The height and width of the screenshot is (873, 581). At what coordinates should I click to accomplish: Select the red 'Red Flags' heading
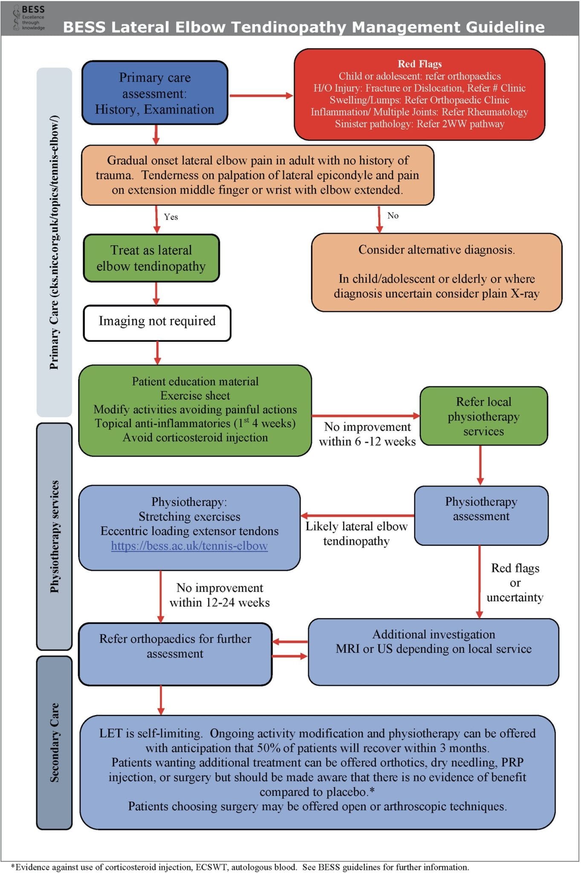pos(419,64)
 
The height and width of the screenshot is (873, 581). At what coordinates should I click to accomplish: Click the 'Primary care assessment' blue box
pos(155,93)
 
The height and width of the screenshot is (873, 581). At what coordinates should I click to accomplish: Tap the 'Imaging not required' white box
pos(157,322)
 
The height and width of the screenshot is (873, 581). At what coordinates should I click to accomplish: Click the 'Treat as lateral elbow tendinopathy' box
pos(151,258)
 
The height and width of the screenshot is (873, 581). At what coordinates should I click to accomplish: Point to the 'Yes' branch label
pos(171,217)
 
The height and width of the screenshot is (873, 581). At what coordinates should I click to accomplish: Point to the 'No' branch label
pos(393,216)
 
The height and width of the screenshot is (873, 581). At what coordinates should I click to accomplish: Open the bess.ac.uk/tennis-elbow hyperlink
pos(189,546)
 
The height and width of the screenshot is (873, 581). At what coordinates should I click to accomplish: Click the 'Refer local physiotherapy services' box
pos(483,416)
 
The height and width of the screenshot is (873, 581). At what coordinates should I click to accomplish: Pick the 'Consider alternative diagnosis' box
pos(436,272)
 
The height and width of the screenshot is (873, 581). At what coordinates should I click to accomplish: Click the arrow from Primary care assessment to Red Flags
pos(261,96)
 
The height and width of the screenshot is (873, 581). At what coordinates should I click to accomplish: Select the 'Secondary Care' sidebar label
pos(55,742)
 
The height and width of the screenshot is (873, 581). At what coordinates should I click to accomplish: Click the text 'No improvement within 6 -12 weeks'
pos(367,434)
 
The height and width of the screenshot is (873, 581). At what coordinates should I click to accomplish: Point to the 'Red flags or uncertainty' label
pos(515,583)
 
